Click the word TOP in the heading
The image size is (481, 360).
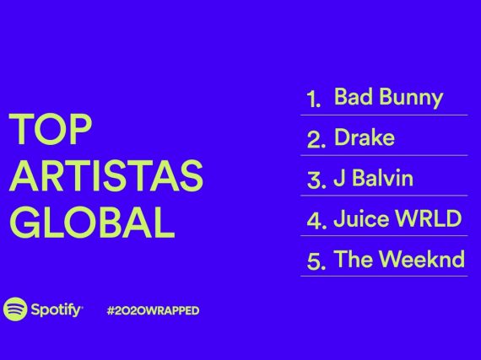pos(51,129)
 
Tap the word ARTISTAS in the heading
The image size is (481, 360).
pos(106,175)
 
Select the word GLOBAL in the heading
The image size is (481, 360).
pos(92,223)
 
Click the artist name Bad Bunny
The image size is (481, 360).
pos(388,98)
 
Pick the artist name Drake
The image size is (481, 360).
pos(364,137)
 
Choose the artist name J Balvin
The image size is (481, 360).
pos(373,178)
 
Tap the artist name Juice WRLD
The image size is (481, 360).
pos(397,218)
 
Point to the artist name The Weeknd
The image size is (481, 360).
pos(399,259)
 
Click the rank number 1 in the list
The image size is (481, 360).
pos(314,99)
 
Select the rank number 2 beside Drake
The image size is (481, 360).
pos(316,139)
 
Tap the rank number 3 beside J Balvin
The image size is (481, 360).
pos(316,180)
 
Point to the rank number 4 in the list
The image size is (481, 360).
pos(316,220)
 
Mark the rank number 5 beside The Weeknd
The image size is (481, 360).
pos(316,261)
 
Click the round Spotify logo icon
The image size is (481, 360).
pos(15,309)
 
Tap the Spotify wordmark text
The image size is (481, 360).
pos(57,310)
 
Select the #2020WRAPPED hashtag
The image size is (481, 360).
pos(153,310)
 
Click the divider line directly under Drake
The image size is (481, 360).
pos(384,155)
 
